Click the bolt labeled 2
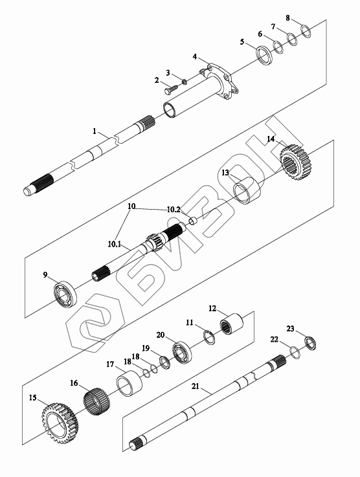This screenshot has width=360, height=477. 172,89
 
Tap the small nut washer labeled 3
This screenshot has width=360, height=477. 184,82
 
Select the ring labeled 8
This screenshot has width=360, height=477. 306,31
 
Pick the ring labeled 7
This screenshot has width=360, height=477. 293,39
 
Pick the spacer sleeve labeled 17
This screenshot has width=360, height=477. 130,384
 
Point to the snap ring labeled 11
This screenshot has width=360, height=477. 209,337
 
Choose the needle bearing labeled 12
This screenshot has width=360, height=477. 231,324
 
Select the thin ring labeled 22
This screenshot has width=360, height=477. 294,351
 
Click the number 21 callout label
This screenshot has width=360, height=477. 195,386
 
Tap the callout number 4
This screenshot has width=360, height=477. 194,56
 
